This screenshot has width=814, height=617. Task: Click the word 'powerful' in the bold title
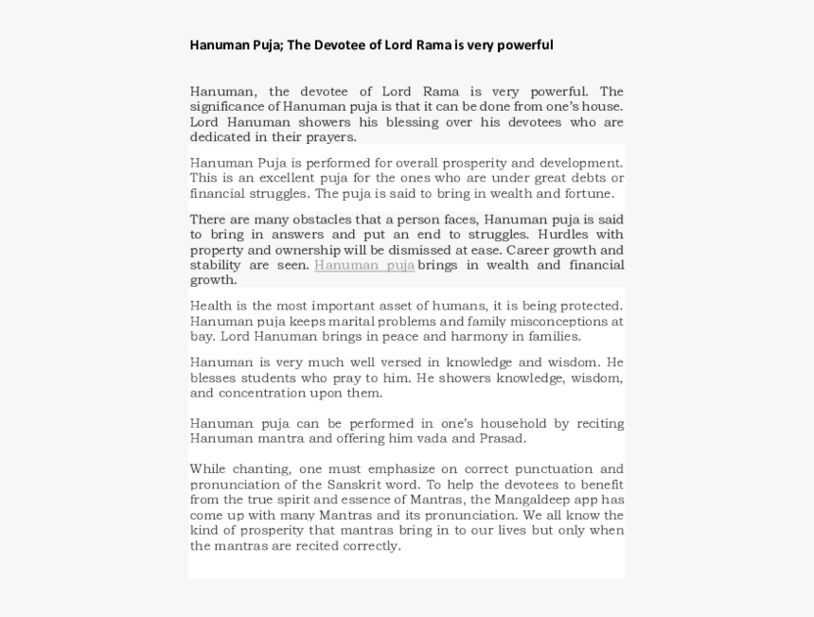524,44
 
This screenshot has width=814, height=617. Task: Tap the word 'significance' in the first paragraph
225,107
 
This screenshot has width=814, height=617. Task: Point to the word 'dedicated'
219,137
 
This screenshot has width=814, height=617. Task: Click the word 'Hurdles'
565,235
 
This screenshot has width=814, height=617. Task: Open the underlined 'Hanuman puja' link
364,265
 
